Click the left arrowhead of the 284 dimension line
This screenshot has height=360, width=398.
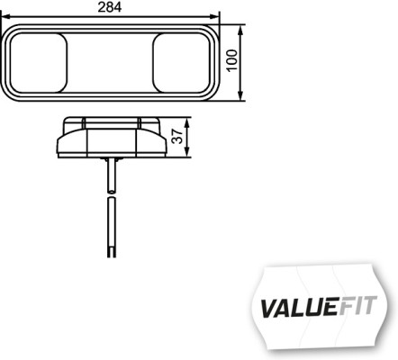6,17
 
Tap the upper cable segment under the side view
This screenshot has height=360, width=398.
109,176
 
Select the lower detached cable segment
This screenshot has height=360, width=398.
109,229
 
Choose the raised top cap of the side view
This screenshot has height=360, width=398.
110,121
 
